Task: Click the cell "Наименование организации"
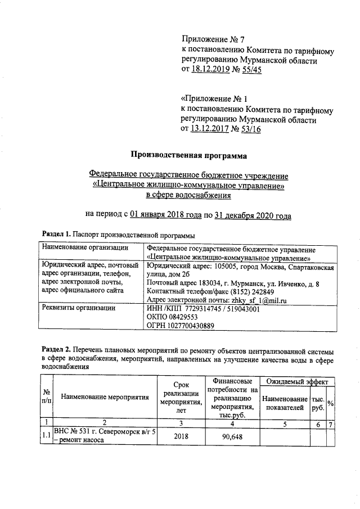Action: [82, 249]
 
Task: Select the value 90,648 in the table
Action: [232, 436]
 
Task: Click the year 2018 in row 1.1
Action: [179, 436]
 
